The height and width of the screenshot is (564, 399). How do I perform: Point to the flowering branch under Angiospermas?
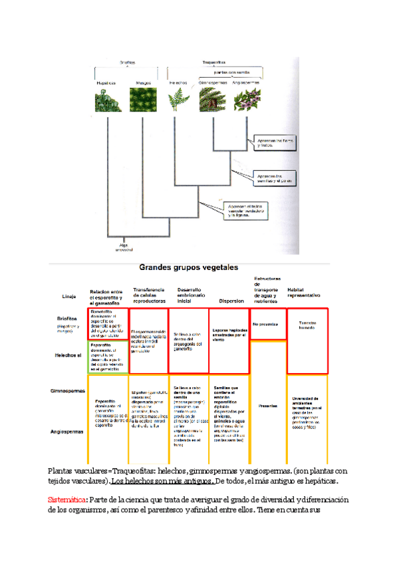point(247,99)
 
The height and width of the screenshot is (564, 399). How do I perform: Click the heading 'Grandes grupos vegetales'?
point(188,267)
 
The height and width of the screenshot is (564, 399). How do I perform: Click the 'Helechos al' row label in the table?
point(68,355)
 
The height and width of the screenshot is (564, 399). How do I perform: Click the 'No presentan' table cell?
point(264,325)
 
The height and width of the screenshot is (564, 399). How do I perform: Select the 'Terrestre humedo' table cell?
point(307,325)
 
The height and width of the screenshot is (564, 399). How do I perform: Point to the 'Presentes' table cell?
point(267,406)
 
